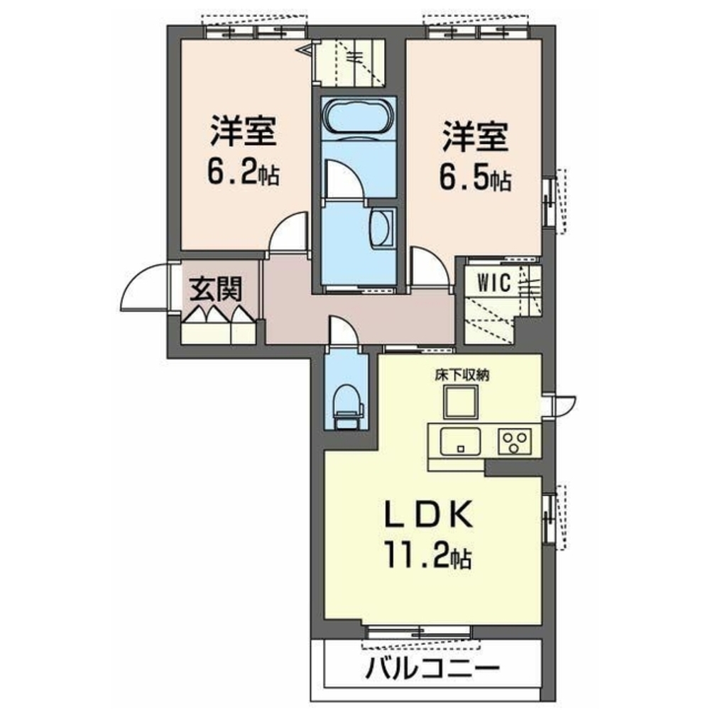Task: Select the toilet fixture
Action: coord(348,407)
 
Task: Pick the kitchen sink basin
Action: coord(461,442)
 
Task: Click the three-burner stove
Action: coord(515,442)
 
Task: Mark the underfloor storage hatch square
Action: coord(461,403)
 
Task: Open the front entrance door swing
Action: coord(146,288)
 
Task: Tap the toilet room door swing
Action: coord(344,332)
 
